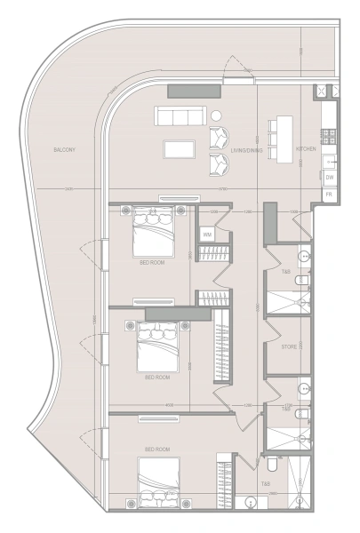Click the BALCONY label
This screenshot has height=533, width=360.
coord(64,150)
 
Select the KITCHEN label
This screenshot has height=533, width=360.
coord(306,149)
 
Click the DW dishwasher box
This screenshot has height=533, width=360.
coord(329,177)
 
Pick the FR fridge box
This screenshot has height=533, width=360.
coord(329,193)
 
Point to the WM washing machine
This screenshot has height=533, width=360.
coord(206,235)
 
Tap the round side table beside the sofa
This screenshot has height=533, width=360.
coord(216,115)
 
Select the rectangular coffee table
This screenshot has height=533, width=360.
coord(180,147)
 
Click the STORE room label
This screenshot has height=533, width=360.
coord(288,347)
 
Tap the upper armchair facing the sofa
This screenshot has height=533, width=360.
coord(218,138)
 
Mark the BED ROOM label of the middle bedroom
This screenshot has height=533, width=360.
coord(156,377)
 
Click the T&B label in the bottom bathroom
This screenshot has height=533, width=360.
coord(265,484)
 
